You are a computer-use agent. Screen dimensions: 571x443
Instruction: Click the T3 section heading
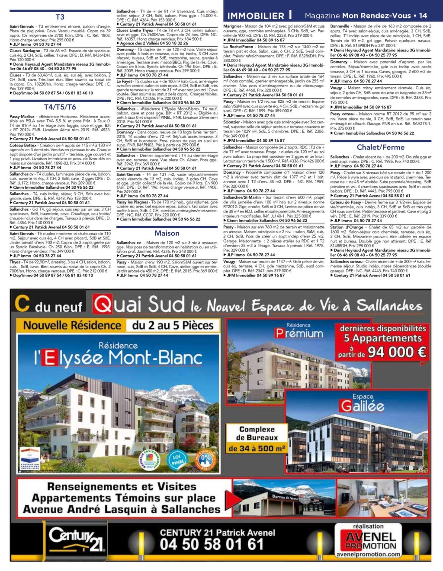[x=60, y=17]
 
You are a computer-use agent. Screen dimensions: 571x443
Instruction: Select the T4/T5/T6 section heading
[x=60, y=107]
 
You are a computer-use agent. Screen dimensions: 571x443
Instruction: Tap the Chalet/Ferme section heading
[x=380, y=147]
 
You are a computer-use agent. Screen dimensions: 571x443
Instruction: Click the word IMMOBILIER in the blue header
[x=256, y=16]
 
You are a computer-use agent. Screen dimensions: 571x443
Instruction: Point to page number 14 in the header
[x=423, y=16]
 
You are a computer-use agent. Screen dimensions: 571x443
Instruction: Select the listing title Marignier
[x=232, y=26]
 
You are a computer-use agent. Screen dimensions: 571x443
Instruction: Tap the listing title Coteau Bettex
[x=23, y=146]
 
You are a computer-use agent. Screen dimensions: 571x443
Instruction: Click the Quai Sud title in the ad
[x=138, y=305]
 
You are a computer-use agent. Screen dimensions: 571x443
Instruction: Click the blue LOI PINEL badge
[x=176, y=459]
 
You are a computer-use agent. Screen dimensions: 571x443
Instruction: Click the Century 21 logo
[x=77, y=539]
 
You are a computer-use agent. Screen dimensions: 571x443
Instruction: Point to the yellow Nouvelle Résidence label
[x=72, y=325]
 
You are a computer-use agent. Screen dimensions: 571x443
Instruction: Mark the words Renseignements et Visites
[x=122, y=487]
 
